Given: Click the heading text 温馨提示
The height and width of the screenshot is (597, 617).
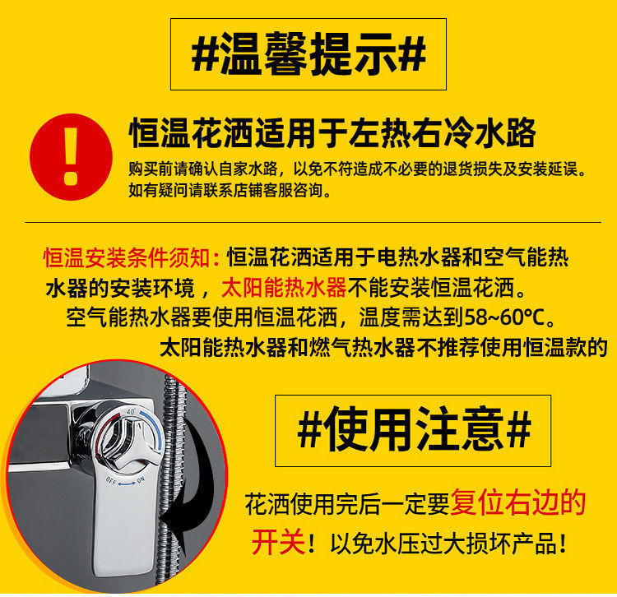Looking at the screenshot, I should (308, 54).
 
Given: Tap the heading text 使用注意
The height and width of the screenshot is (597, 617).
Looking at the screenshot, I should (413, 428).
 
